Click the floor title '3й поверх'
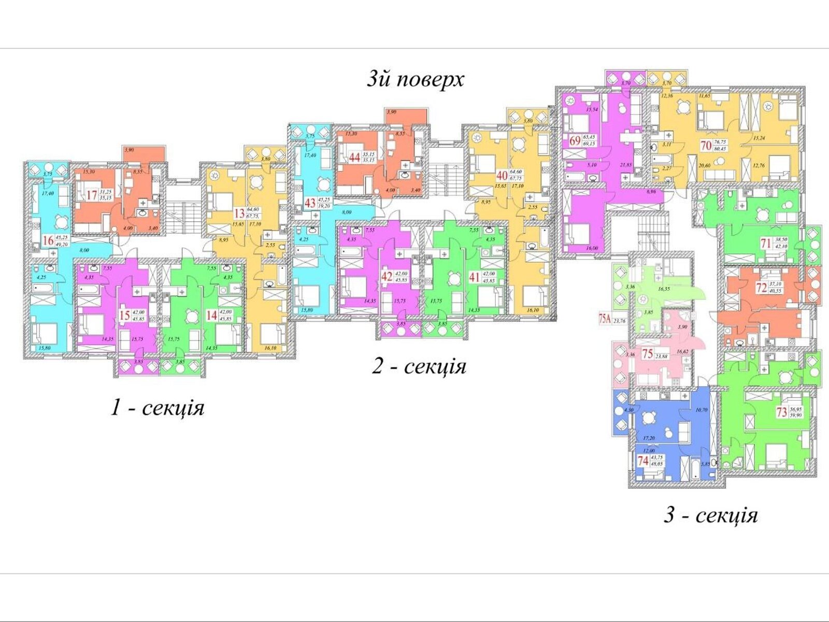click(416, 79)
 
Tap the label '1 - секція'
click(158, 408)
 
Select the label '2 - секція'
click(419, 366)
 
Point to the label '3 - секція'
click(711, 516)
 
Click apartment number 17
click(92, 195)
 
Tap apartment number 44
click(354, 157)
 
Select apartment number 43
click(310, 202)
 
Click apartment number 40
click(502, 175)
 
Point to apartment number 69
click(575, 140)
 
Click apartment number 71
click(765, 243)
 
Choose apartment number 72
click(761, 288)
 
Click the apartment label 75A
click(605, 320)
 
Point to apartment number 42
click(387, 276)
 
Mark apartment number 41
click(474, 277)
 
